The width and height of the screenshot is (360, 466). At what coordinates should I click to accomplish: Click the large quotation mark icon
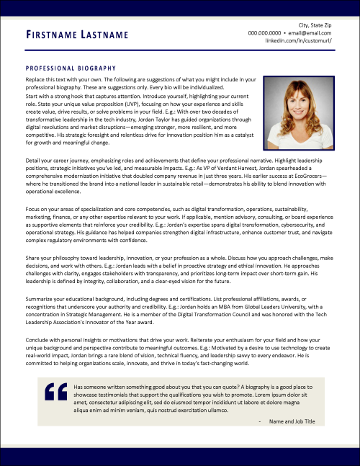click(x=55, y=392)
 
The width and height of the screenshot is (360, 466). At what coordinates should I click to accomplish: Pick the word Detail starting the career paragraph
click(x=33, y=157)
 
